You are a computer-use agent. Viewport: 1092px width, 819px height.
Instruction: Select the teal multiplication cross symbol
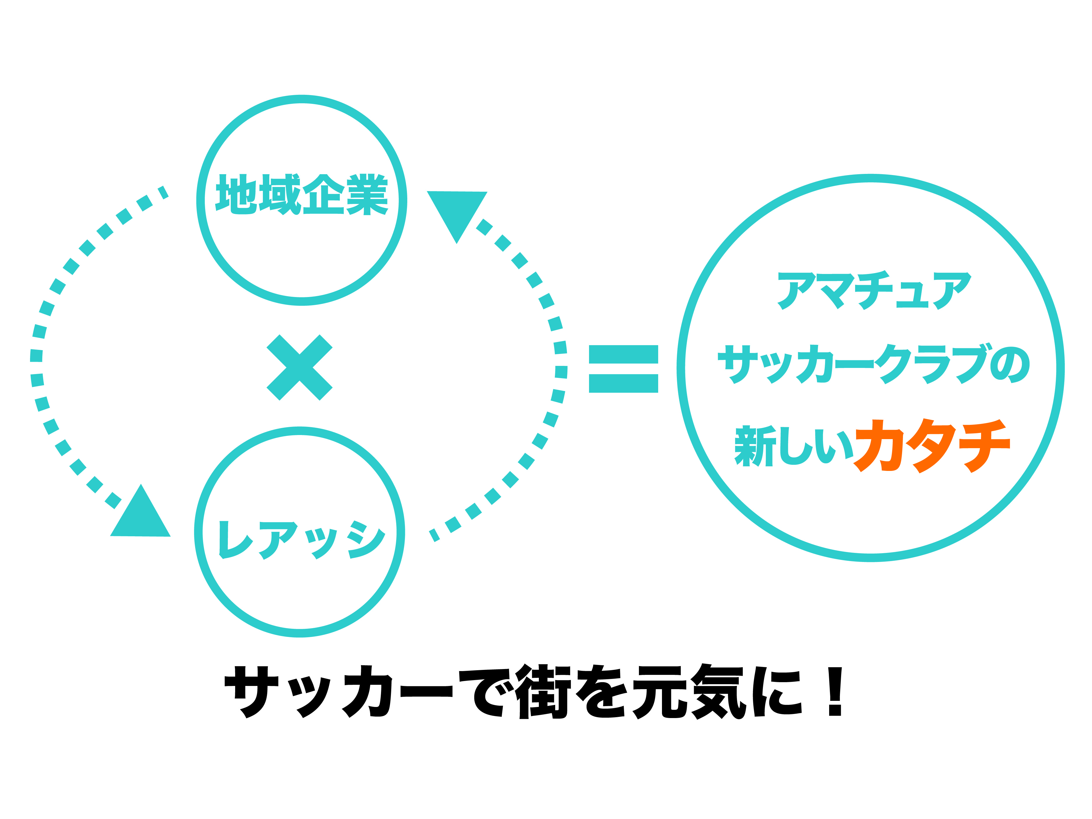click(x=300, y=367)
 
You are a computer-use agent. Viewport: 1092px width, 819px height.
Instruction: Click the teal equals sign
click(x=623, y=369)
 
